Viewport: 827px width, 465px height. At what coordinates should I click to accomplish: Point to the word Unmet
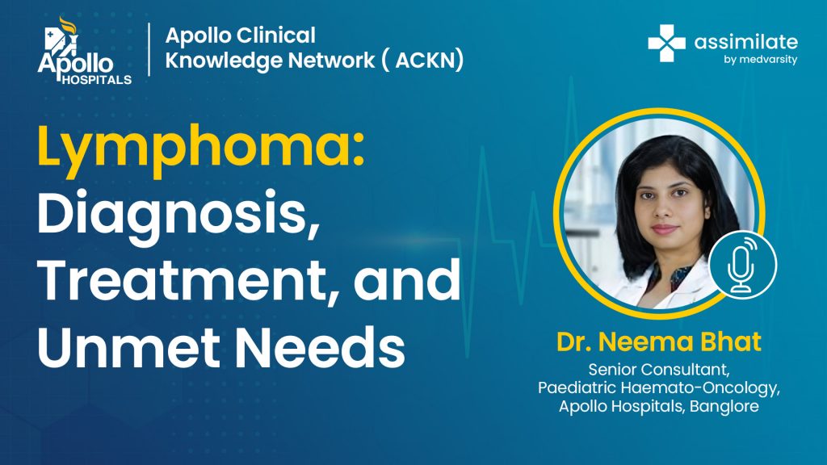(x=128, y=346)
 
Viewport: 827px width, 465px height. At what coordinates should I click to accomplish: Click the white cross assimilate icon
(x=666, y=44)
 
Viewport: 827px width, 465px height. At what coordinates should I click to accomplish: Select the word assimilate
(x=745, y=41)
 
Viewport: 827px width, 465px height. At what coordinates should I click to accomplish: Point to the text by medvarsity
(x=760, y=60)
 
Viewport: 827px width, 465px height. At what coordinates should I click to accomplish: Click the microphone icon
(x=743, y=265)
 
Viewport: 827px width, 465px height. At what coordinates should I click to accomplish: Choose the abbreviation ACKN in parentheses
(x=429, y=60)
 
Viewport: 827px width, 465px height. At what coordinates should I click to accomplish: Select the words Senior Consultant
(x=659, y=370)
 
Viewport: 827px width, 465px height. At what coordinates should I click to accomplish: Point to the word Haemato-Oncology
(x=700, y=388)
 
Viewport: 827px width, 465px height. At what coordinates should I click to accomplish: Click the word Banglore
(x=724, y=407)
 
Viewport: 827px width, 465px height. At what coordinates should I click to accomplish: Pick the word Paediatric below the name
(x=577, y=388)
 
